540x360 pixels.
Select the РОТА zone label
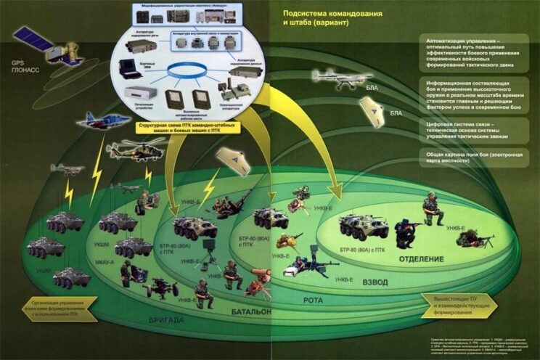click(314, 298)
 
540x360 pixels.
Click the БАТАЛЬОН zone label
click(251, 311)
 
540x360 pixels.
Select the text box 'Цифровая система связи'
click(467, 128)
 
